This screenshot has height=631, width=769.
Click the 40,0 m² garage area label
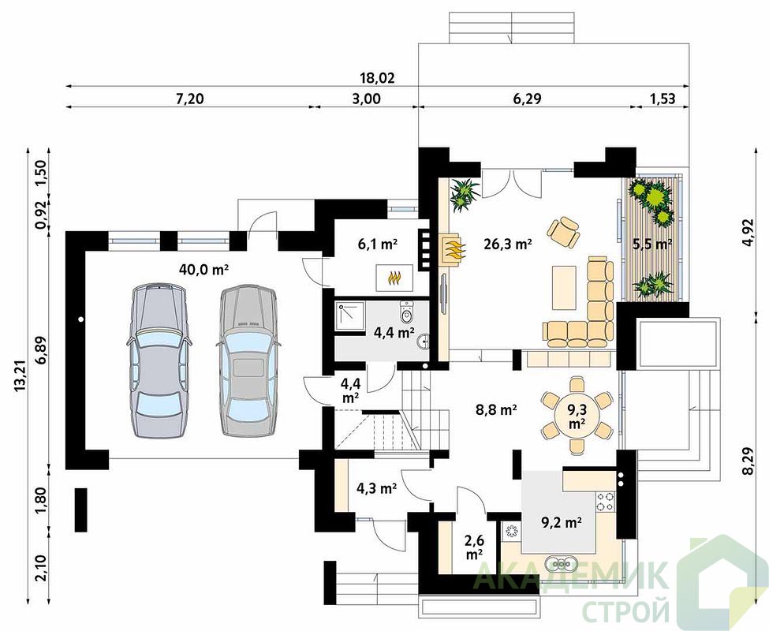(204, 269)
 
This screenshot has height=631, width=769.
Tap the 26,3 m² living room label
(508, 244)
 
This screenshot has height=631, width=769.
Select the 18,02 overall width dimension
(378, 78)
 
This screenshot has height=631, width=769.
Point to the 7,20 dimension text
(189, 99)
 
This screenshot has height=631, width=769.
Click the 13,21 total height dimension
(20, 376)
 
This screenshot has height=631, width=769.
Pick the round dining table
(577, 415)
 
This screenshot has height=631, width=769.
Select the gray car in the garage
(247, 360)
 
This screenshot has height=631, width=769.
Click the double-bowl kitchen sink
(560, 564)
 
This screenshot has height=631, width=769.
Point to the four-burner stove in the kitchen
(606, 501)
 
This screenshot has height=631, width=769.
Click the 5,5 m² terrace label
(652, 244)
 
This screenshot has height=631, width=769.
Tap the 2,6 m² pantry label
(474, 547)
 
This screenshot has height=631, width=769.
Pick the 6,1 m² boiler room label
(377, 244)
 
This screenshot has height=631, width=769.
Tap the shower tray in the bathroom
(350, 316)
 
